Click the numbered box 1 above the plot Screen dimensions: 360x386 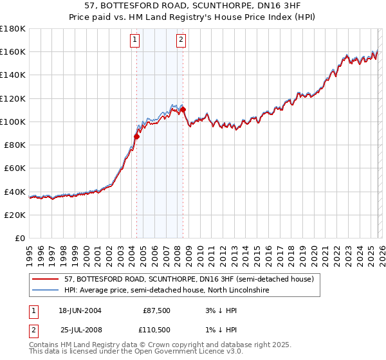[135, 40]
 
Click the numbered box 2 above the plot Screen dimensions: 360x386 [181, 40]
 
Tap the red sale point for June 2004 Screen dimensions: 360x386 [136, 136]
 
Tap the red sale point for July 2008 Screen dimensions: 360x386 [183, 109]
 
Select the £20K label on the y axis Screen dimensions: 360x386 [15, 215]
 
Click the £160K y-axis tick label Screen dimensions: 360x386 [13, 51]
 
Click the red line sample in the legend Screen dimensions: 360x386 [46, 280]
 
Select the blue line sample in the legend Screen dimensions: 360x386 [46, 291]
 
